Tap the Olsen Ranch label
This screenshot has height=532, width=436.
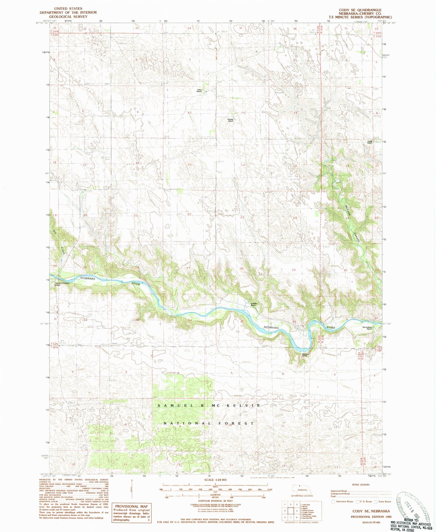pyautogui.click(x=199, y=90)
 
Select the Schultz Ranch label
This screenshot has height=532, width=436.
pyautogui.click(x=231, y=120)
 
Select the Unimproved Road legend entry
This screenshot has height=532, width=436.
pyautogui.click(x=340, y=494)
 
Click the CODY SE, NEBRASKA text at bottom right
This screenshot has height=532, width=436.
pyautogui.click(x=371, y=511)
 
